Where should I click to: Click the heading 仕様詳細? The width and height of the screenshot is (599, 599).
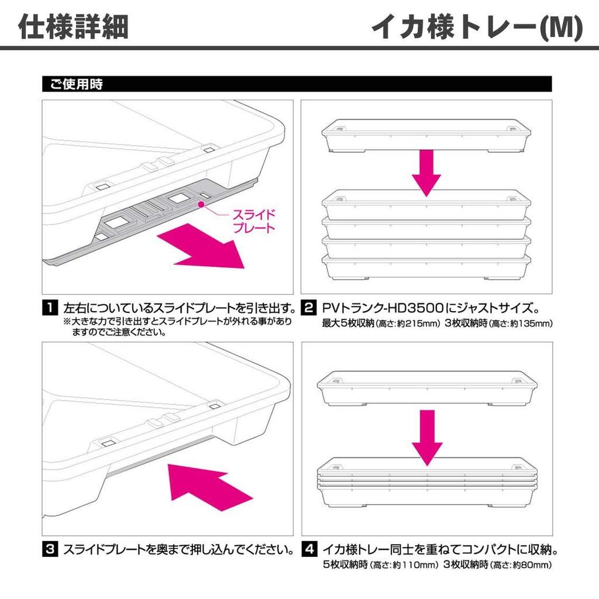click(x=74, y=27)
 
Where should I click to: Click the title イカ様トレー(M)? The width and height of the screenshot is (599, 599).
click(x=477, y=27)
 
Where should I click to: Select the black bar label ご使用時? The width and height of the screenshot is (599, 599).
click(x=73, y=85)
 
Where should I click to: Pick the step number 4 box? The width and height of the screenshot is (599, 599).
click(x=308, y=550)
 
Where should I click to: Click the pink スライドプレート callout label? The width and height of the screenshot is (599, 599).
click(x=253, y=222)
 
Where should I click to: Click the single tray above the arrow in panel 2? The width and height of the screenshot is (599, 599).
click(x=426, y=135)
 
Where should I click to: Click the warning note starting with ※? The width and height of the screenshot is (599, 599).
click(x=175, y=327)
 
